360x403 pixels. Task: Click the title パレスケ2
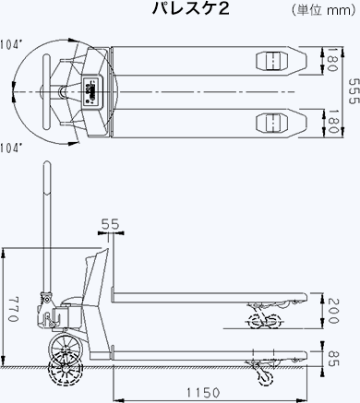point(191,9)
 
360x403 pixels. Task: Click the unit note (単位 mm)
point(324,10)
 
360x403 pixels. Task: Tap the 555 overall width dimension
point(354,91)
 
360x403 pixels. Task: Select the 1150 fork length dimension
point(204,393)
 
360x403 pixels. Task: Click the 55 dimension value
point(110,224)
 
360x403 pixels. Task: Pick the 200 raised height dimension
point(333,311)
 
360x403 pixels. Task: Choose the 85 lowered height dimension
point(333,358)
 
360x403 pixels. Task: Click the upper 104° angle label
point(11,45)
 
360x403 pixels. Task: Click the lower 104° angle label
point(11,148)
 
